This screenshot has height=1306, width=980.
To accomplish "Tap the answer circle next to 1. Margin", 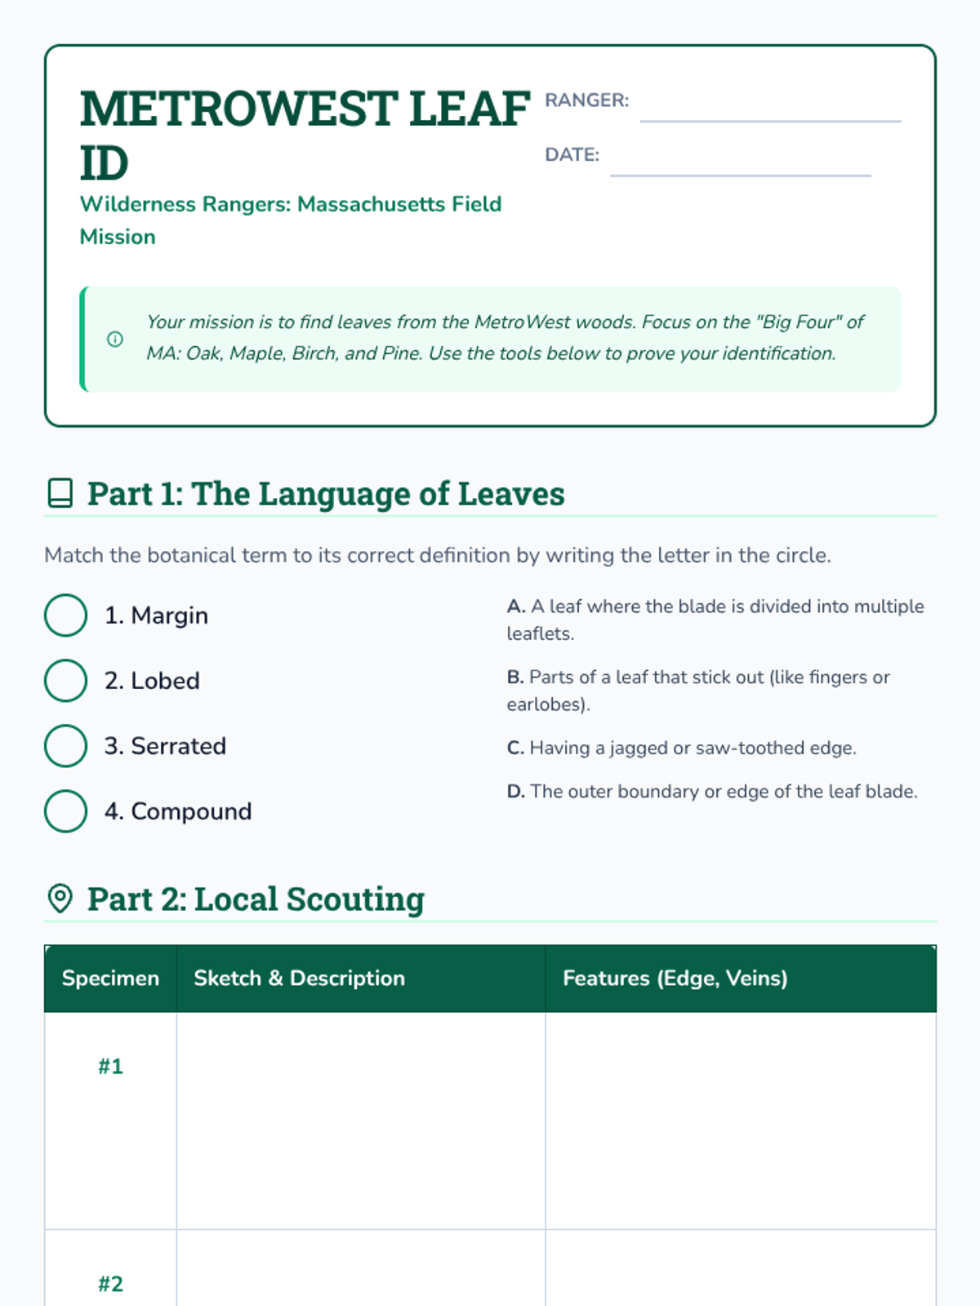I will click(65, 615).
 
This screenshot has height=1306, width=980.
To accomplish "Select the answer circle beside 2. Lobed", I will click(65, 681).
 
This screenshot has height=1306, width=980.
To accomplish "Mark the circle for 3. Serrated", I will click(65, 746).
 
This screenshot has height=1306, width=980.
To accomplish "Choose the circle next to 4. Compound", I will click(65, 811).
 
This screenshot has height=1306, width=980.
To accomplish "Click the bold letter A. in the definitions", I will click(515, 606).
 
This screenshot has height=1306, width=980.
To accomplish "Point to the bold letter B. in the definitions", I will click(514, 677).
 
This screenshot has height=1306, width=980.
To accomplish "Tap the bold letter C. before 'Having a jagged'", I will click(514, 749).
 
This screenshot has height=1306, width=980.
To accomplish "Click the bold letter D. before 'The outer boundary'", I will click(515, 792).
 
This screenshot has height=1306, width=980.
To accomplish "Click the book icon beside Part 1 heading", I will click(60, 494).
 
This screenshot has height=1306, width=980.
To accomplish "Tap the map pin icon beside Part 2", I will click(60, 899).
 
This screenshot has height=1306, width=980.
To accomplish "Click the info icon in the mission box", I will click(115, 339).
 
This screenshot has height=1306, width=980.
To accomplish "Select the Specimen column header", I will click(110, 979).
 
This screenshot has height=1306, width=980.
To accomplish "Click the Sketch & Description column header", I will click(299, 979).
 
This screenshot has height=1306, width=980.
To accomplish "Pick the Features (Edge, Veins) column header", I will click(675, 979).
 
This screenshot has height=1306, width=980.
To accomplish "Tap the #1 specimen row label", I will click(110, 1067).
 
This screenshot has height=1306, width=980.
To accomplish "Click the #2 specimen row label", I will click(110, 1284).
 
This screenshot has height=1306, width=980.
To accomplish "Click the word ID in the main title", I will click(104, 163).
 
